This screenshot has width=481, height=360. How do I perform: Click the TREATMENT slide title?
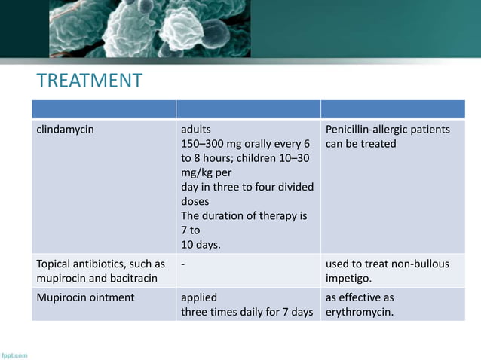tap(90, 81)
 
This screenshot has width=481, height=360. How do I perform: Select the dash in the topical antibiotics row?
tap(183, 264)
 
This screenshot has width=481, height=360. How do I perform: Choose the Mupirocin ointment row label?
tap(86, 297)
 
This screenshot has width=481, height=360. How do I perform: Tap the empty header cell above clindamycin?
tap(103, 109)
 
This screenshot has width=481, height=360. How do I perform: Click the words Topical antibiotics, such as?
tap(100, 264)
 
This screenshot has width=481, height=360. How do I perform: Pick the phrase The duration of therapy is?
tap(244, 216)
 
